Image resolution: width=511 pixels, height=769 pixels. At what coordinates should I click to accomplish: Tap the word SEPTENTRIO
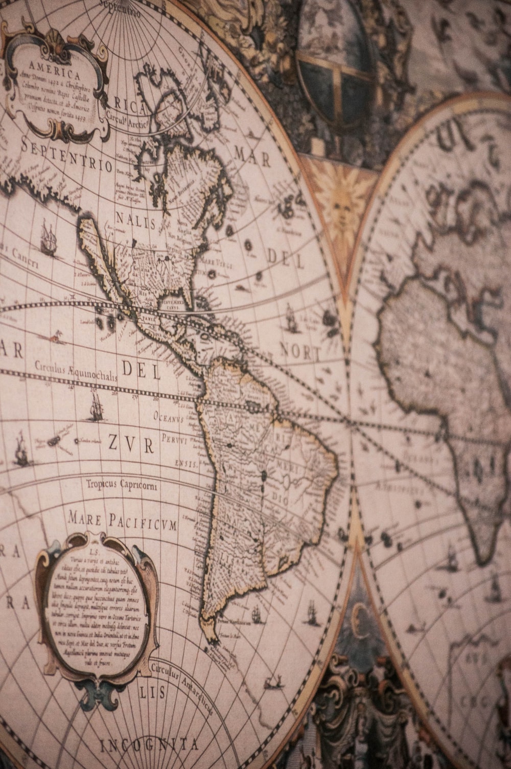pyautogui.click(x=66, y=156)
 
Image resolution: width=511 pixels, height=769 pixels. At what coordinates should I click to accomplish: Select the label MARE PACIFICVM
pyautogui.click(x=123, y=520)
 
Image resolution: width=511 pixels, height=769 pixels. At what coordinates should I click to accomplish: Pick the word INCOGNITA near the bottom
pyautogui.click(x=149, y=745)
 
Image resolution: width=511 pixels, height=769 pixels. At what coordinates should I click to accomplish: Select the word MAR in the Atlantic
pyautogui.click(x=252, y=156)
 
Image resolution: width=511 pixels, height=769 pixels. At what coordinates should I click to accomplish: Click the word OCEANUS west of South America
pyautogui.click(x=168, y=418)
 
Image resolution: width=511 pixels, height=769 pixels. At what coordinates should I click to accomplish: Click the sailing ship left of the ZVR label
pyautogui.click(x=20, y=449)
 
